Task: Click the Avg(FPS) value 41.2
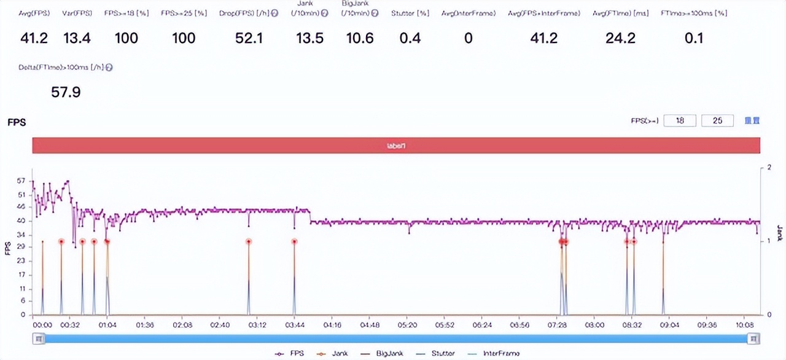coord(34,39)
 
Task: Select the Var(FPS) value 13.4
coord(77,39)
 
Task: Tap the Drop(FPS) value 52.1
coord(249,39)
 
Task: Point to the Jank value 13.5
coord(309,39)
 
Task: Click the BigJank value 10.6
coord(360,39)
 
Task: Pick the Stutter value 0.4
coord(410,39)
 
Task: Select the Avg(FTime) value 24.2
coord(621,39)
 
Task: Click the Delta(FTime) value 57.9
coord(66,93)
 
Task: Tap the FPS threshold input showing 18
coord(680,121)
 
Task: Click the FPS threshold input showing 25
coord(717,121)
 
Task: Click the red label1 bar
coord(396,146)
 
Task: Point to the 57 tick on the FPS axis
coord(21,182)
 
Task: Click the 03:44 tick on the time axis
coord(295,324)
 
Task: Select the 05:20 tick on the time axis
coord(408,324)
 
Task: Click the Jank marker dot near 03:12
coord(249,242)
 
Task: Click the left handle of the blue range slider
coord(39,338)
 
